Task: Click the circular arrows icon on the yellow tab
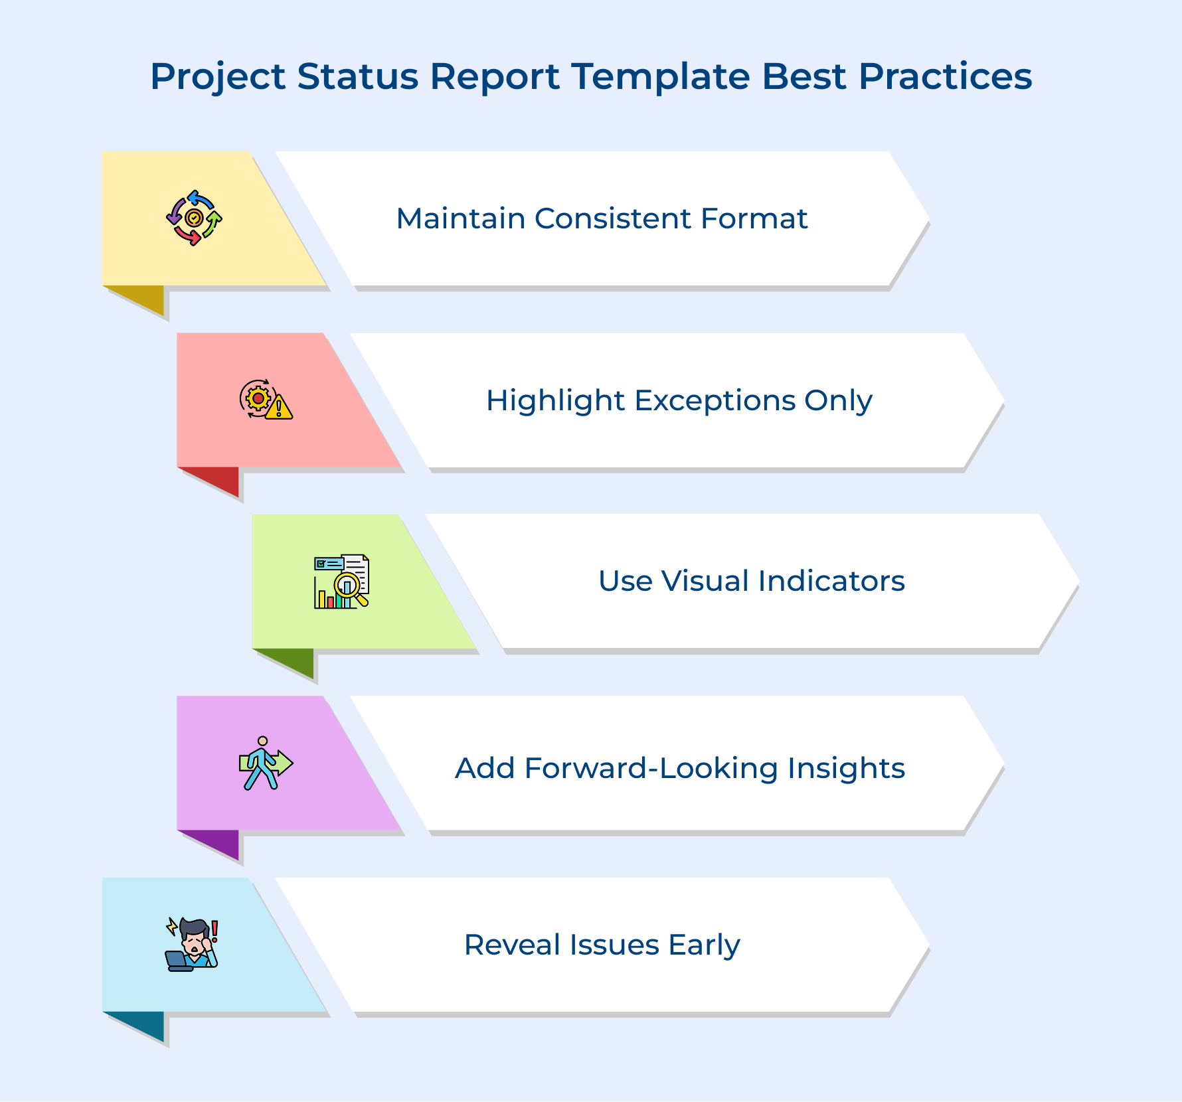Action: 194,218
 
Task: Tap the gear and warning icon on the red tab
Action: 266,399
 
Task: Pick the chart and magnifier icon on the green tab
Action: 341,582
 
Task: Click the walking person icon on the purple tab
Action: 265,763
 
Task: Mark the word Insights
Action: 846,769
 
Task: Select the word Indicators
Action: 831,581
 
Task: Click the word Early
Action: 704,945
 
